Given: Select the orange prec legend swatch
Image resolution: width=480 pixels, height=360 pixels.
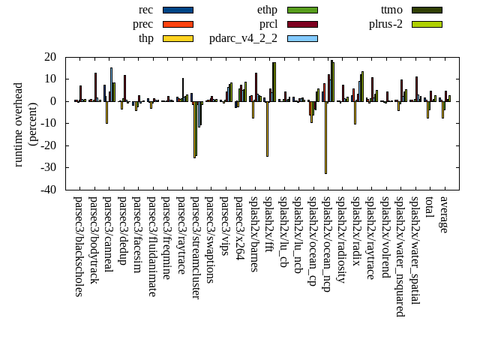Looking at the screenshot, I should (178, 24).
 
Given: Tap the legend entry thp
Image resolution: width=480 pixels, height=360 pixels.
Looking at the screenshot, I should (146, 38).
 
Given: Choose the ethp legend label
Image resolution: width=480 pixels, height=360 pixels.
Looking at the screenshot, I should (267, 10).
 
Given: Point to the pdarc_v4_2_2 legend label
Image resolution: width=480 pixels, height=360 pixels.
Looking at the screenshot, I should (243, 38).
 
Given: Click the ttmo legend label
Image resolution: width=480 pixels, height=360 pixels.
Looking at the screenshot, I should (391, 10).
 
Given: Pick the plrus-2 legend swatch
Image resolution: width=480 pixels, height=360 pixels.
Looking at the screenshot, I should (427, 24).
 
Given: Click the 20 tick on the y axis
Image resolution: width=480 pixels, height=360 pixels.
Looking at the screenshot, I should (52, 57).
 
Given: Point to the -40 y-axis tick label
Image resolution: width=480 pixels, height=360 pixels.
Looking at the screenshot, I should (49, 190).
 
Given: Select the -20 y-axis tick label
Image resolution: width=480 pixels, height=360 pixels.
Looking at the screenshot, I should (49, 145).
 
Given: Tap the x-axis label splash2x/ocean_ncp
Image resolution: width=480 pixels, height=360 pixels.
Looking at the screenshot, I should (327, 243).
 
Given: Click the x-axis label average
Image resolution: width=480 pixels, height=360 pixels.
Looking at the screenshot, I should (444, 215).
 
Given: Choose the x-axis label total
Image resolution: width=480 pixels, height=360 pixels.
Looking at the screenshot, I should (429, 208).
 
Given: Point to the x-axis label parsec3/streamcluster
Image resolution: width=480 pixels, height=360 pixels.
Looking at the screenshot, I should (196, 247).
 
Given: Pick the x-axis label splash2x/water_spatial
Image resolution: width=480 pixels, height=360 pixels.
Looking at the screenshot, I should (415, 244).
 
